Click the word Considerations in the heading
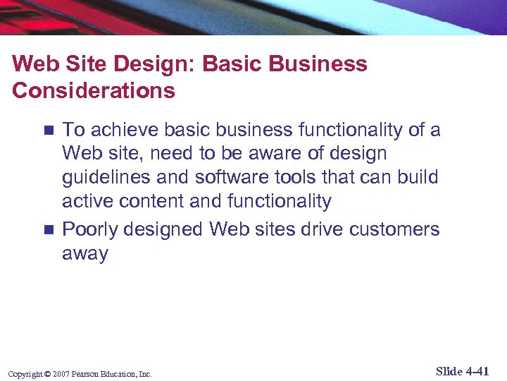[94, 91]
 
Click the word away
[85, 254]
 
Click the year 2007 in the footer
[60, 374]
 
